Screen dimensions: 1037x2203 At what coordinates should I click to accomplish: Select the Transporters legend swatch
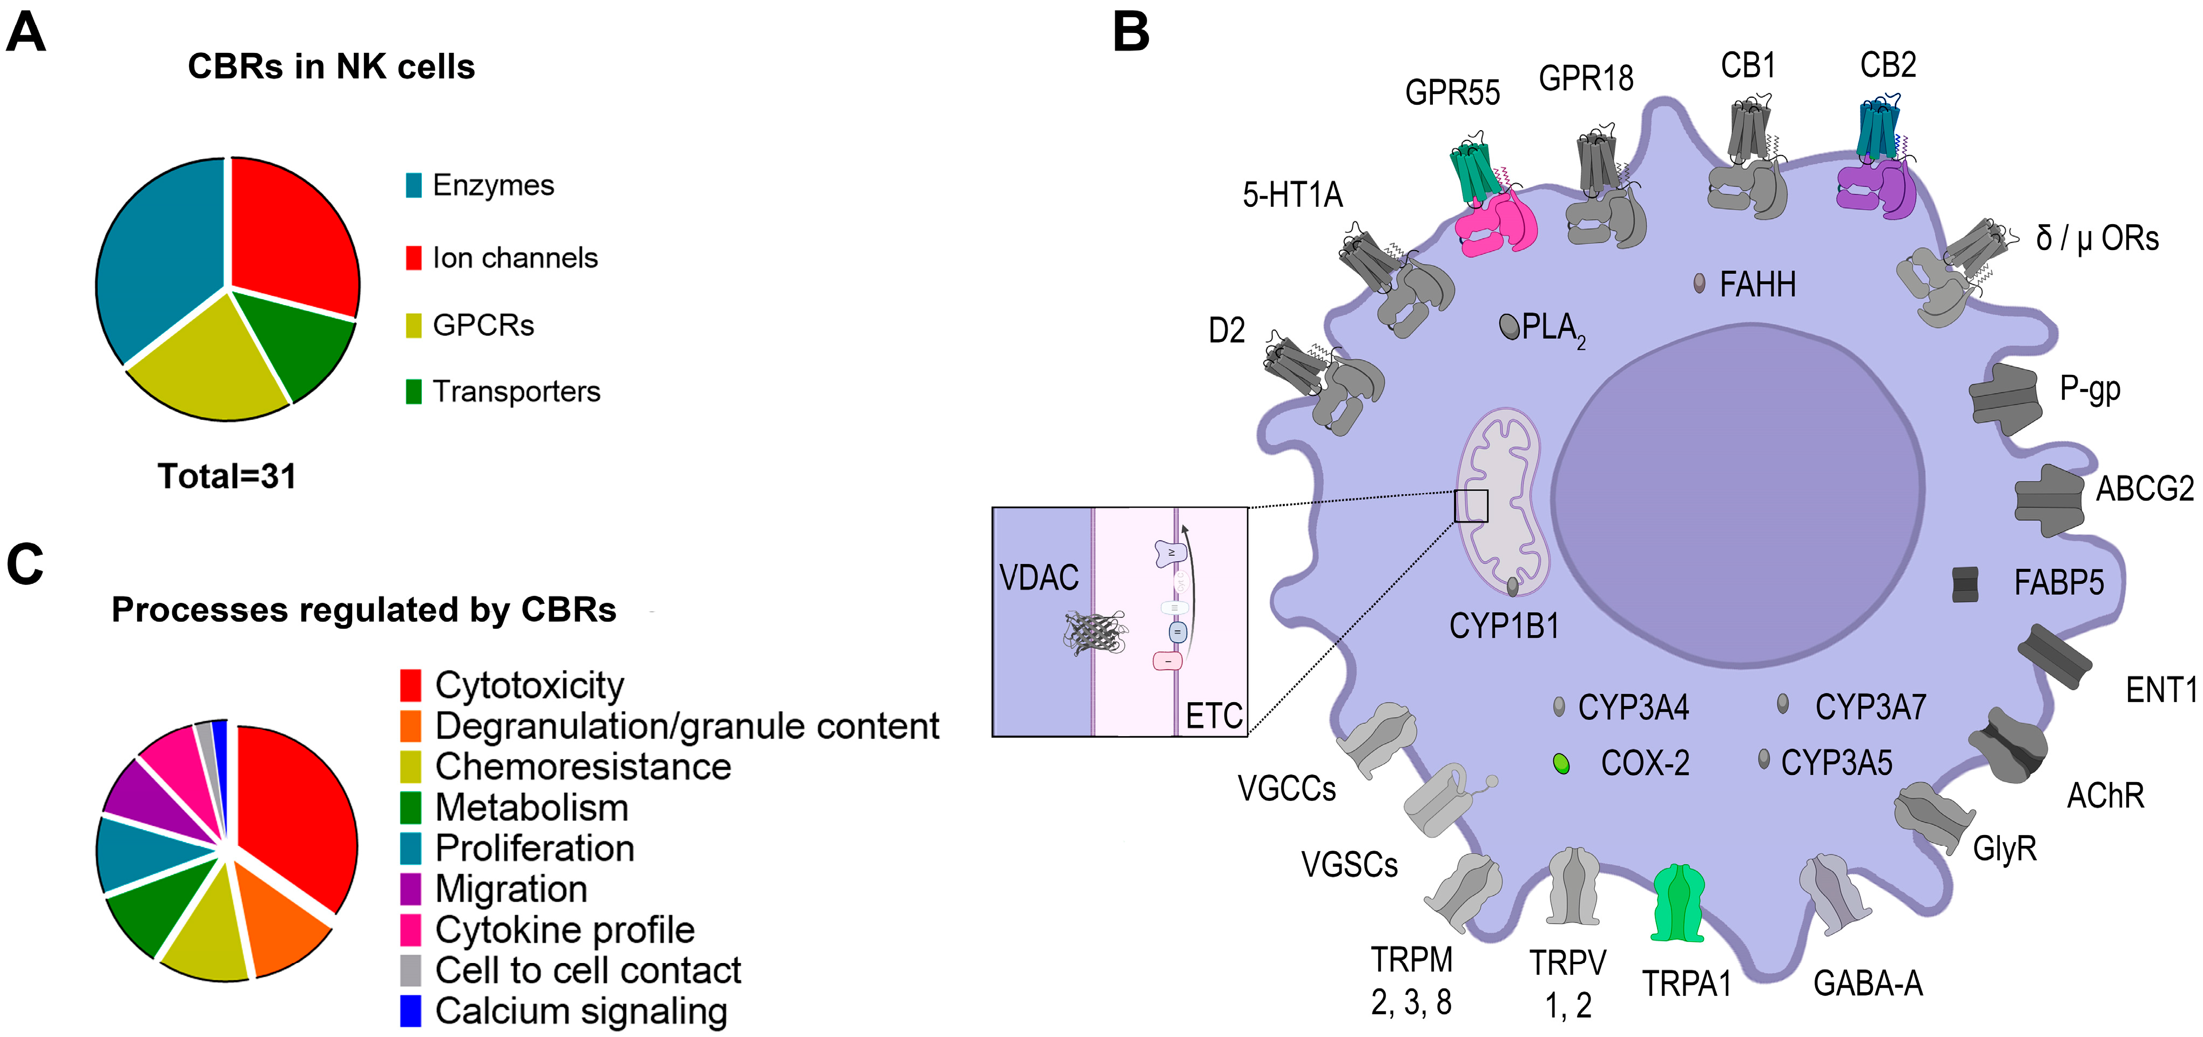413,392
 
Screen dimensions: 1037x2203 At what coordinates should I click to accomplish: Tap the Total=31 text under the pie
227,476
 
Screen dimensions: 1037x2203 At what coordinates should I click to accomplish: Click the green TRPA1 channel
1678,903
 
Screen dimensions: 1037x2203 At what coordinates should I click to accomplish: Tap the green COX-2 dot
1561,763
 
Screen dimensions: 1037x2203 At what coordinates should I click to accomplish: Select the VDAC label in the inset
1039,578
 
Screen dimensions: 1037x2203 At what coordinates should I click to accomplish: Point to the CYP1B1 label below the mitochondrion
1504,627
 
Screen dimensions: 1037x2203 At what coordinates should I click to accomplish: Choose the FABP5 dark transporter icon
1964,584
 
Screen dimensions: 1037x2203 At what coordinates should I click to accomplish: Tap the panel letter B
1130,32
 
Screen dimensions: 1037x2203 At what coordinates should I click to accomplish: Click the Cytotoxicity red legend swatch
410,685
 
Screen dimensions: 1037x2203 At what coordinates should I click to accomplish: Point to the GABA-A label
1868,984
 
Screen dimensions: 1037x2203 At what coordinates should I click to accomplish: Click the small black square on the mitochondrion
1471,506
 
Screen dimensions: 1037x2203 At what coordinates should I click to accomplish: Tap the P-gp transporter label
2089,389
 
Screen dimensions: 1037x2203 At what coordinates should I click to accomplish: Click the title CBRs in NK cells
331,66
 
